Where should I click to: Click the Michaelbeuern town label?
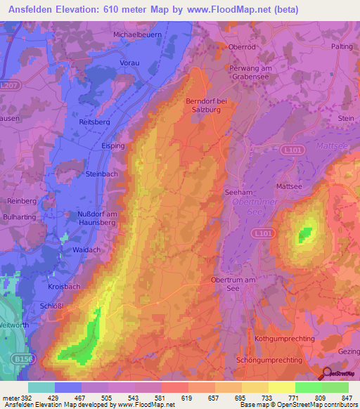point(141,33)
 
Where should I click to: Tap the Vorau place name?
point(127,63)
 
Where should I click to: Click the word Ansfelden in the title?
point(33,9)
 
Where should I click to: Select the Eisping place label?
point(112,145)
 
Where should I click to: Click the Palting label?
point(342,46)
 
